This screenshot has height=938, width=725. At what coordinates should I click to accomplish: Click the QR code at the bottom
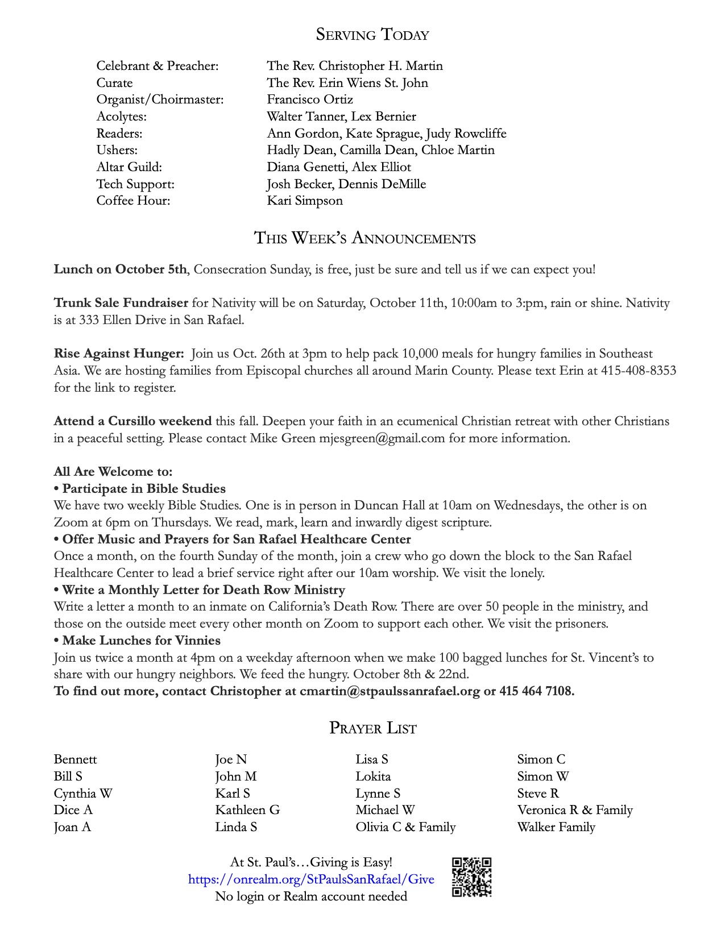[471, 877]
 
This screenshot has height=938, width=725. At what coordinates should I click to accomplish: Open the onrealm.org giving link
[311, 879]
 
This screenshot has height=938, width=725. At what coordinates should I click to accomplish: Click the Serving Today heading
[372, 35]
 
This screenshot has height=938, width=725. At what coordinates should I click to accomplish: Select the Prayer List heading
[372, 728]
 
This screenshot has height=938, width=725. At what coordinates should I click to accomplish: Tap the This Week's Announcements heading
[364, 238]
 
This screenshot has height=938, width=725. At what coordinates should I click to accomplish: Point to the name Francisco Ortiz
[310, 99]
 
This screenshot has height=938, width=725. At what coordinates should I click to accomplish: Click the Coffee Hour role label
[133, 201]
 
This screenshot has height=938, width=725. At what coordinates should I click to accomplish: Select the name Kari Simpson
[305, 201]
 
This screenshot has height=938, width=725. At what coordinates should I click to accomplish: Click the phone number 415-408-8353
[639, 371]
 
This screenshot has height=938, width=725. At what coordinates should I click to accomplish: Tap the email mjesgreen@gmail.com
[382, 438]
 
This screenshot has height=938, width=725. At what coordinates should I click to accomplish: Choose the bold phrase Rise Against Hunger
[119, 354]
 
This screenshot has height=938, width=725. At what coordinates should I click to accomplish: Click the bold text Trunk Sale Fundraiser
[121, 303]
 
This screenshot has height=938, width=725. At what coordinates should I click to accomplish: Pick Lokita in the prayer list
[373, 777]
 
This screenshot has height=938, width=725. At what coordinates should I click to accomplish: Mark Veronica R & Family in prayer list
[575, 810]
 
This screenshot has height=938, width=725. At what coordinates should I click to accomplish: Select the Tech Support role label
[135, 184]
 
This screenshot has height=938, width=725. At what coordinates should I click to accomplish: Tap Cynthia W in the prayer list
[83, 794]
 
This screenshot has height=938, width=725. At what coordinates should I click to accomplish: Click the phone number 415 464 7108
[536, 691]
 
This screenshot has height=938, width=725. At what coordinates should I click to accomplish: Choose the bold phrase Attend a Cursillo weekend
[132, 421]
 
